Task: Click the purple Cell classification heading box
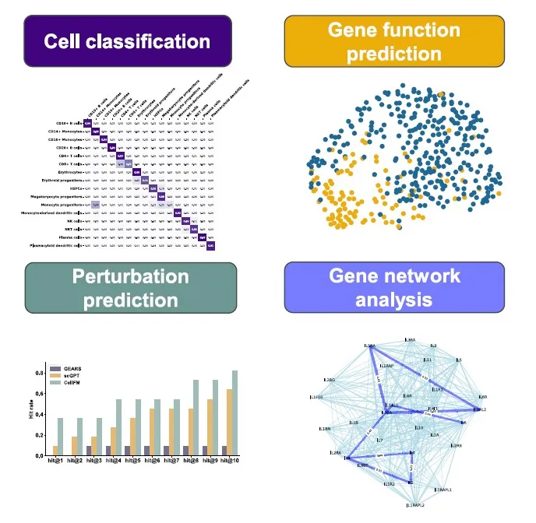pos(127,40)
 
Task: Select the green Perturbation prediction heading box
pos(130,288)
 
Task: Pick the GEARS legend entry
pos(77,367)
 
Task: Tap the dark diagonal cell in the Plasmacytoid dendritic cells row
pos(210,246)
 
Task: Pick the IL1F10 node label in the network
pos(316,398)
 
